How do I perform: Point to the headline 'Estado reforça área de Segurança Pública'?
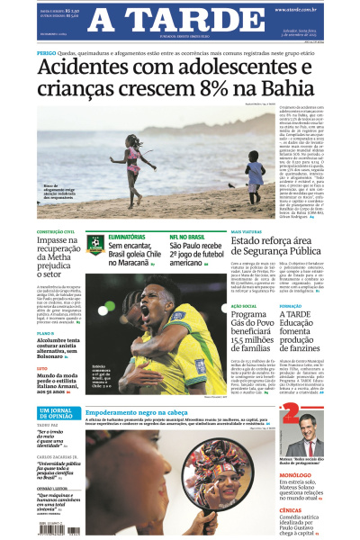[275, 254]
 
